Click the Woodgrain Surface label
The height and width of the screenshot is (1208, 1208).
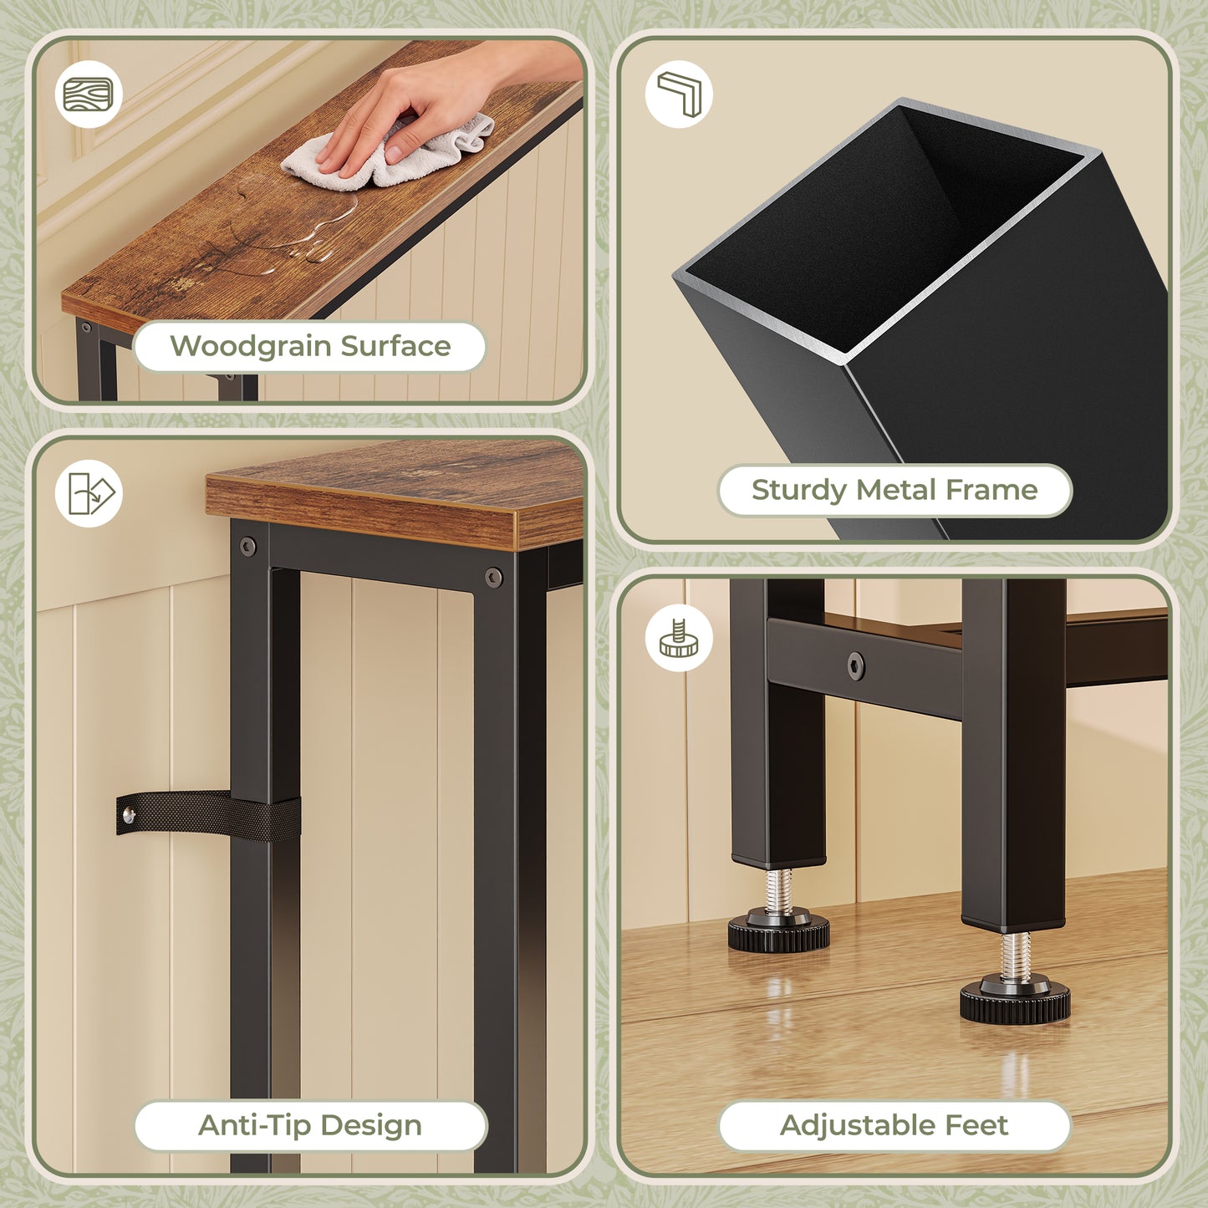pyautogui.click(x=310, y=346)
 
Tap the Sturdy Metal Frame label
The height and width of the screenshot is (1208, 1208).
pyautogui.click(x=895, y=490)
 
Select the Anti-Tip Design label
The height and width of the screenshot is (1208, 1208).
pyautogui.click(x=310, y=1125)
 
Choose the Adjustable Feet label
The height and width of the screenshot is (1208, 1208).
pyautogui.click(x=895, y=1125)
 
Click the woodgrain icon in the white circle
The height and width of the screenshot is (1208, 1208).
pyautogui.click(x=89, y=94)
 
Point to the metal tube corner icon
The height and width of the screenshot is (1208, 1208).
pyautogui.click(x=679, y=94)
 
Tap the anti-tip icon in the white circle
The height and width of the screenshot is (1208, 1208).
pyautogui.click(x=89, y=493)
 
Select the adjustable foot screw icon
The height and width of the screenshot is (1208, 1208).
pyautogui.click(x=679, y=638)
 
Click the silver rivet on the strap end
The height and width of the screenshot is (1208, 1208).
pyautogui.click(x=128, y=815)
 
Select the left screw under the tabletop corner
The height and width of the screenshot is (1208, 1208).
pyautogui.click(x=248, y=547)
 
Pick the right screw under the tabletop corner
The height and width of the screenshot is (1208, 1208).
pyautogui.click(x=494, y=577)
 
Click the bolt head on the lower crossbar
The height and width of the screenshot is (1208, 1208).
pyautogui.click(x=856, y=665)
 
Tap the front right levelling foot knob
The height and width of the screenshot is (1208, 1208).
pyautogui.click(x=1015, y=1002)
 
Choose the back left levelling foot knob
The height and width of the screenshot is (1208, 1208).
pyautogui.click(x=778, y=931)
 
